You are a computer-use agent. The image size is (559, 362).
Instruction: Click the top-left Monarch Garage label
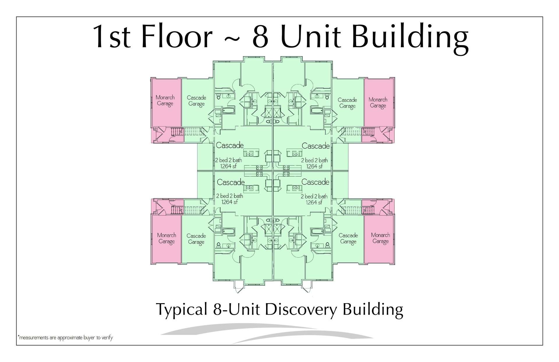165,100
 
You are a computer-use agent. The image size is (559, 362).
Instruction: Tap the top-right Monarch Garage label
378,102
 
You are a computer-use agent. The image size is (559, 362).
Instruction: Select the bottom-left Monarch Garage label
167,238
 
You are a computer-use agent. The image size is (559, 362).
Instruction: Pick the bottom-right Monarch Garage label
381,238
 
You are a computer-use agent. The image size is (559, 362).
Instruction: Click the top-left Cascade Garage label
197,101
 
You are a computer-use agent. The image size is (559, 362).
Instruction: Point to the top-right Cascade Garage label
347,103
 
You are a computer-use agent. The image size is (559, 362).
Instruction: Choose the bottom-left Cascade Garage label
196,239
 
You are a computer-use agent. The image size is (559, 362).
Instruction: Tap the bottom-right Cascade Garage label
348,238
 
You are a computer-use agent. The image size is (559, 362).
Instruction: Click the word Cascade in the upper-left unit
230,145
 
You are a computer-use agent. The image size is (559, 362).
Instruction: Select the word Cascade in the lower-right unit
315,182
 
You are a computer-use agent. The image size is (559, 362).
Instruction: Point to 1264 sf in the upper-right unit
314,166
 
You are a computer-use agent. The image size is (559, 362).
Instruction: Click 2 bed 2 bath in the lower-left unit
229,196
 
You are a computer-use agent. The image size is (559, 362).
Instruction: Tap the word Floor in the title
177,37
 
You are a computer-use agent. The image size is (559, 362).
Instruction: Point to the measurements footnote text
65,338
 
